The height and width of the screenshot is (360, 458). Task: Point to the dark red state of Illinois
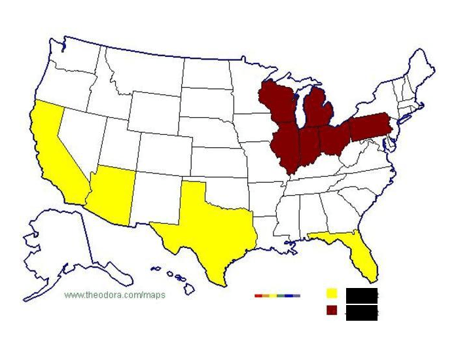[285, 147]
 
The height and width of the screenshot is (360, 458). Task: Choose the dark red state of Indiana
[307, 148]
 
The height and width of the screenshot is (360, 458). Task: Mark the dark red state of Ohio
[332, 137]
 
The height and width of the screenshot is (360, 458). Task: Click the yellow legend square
[332, 293]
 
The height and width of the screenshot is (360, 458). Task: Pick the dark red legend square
[332, 310]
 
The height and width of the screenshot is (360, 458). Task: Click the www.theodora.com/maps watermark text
[115, 295]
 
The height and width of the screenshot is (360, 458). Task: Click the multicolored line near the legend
[277, 296]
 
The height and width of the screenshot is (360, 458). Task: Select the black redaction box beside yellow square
[362, 295]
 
